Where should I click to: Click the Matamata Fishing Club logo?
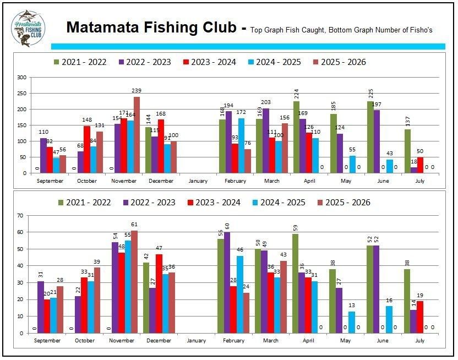(x=28, y=29)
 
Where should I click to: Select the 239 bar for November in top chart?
(x=137, y=135)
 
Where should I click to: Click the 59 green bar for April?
(x=296, y=283)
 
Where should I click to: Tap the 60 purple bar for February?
(x=227, y=282)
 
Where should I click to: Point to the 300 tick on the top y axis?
(x=22, y=78)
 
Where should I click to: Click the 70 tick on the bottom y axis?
(x=23, y=215)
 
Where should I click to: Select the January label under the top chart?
(x=196, y=181)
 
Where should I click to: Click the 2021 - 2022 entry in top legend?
(x=80, y=62)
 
